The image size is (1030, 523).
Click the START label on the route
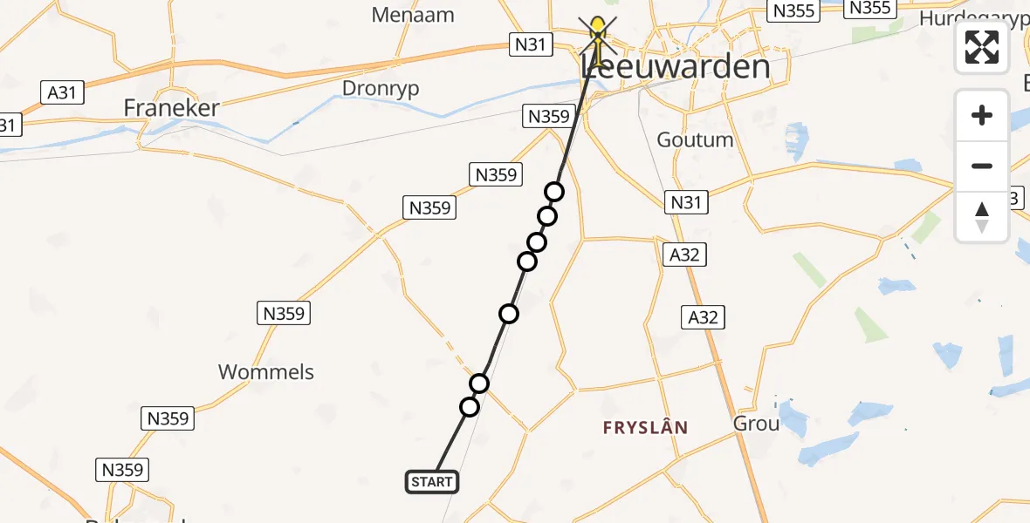point(431,481)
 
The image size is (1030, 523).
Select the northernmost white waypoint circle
point(554,192)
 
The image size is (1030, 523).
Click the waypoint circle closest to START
point(470,407)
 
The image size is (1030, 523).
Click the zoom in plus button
point(982,115)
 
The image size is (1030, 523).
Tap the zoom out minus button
point(982,166)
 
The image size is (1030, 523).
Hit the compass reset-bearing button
point(982,216)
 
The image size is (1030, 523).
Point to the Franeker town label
point(171,108)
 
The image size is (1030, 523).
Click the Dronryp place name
point(381,89)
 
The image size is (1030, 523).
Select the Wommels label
point(266,372)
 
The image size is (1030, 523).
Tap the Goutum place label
point(695,139)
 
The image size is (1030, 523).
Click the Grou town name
point(756,424)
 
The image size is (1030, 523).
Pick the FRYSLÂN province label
point(646,428)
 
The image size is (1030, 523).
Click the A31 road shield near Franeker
point(62,92)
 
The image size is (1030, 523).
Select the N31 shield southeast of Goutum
point(686,203)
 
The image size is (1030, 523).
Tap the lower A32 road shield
point(704,317)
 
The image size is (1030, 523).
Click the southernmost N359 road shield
point(122,470)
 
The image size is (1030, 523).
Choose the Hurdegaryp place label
point(974,19)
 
